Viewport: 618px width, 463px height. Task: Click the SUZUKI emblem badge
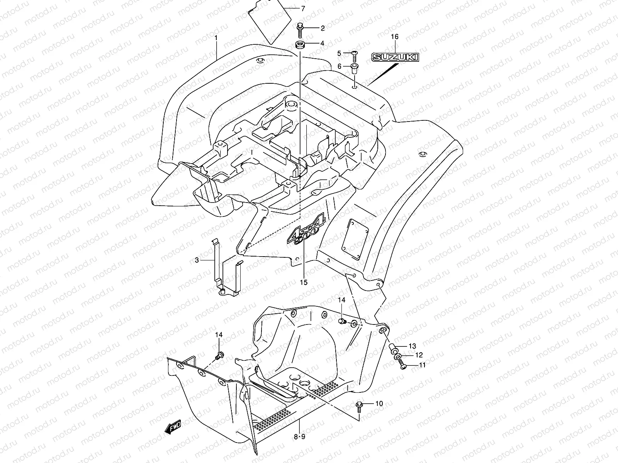tap(395, 57)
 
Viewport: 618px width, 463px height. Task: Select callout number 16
tap(394, 37)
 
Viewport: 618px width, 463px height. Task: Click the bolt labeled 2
tap(300, 29)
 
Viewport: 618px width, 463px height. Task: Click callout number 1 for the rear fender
tap(216, 38)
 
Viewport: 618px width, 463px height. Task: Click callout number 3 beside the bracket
tap(197, 260)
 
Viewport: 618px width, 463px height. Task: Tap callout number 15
tap(304, 282)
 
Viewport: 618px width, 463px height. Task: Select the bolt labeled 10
tap(358, 405)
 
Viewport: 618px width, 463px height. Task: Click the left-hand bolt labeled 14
tap(220, 355)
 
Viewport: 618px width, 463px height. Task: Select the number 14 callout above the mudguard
tap(342, 300)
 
